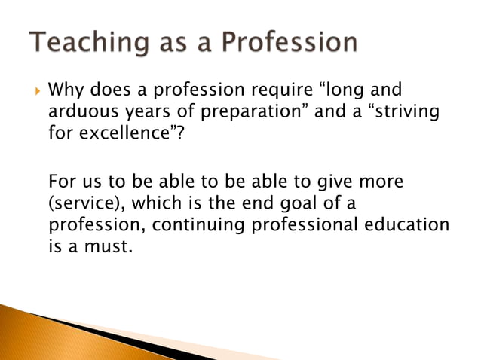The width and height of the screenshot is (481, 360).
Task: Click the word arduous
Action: click(x=82, y=114)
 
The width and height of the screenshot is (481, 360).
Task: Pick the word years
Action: click(x=150, y=114)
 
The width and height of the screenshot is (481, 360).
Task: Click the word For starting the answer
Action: click(x=63, y=182)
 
